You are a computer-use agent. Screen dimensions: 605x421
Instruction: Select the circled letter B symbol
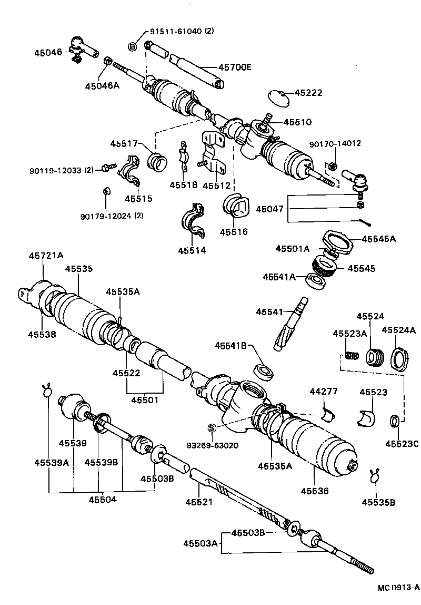[x=133, y=47]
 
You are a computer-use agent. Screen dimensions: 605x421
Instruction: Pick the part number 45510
[x=297, y=122]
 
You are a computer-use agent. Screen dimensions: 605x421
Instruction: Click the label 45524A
[x=398, y=330]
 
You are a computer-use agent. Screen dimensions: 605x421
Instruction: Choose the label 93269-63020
[x=212, y=445]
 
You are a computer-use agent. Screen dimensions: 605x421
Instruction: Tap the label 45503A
[x=200, y=543]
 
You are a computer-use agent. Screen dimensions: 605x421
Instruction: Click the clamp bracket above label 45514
[x=194, y=220]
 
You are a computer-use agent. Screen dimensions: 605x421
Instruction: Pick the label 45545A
[x=378, y=239]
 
